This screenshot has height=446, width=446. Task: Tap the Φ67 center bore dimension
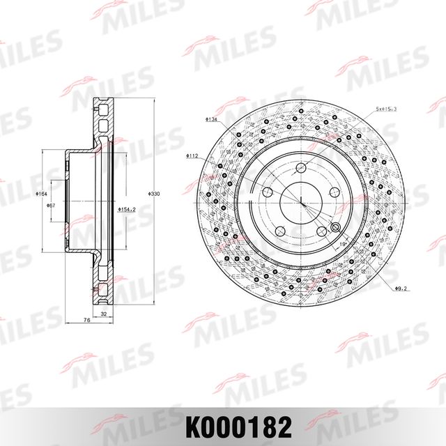click(x=51, y=206)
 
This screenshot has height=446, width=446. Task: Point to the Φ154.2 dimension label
click(x=125, y=208)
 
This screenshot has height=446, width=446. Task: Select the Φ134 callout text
click(x=212, y=119)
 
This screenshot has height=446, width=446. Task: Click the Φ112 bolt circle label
click(x=193, y=156)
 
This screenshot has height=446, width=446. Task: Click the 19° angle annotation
click(x=344, y=245)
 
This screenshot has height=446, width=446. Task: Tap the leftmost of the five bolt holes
click(x=267, y=192)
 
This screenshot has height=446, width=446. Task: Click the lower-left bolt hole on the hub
click(x=279, y=230)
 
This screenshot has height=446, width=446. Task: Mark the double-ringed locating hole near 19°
click(x=334, y=228)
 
